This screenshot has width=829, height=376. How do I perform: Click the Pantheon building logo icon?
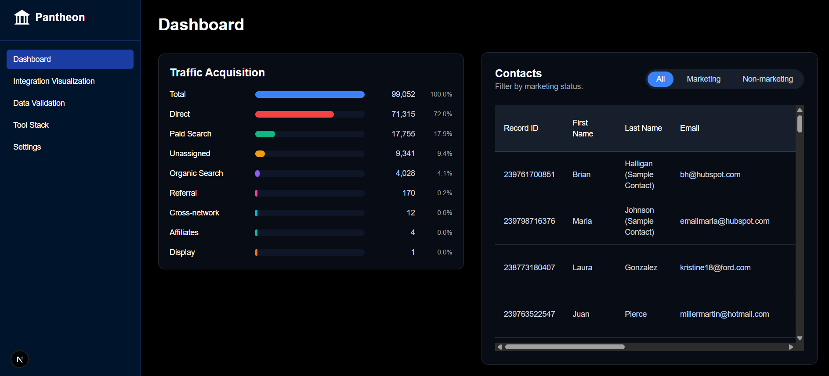click(22, 18)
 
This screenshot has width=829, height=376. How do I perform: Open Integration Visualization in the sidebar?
click(54, 81)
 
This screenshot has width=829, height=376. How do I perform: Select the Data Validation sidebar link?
click(39, 103)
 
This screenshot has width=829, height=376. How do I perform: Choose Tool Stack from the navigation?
click(31, 125)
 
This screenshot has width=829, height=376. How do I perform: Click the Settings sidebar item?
click(27, 147)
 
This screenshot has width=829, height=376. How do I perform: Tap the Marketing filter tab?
click(703, 79)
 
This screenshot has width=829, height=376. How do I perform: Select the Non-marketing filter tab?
click(767, 79)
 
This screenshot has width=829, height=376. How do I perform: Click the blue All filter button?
click(660, 79)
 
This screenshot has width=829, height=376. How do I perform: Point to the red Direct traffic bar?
click(294, 114)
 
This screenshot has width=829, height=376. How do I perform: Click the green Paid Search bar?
click(265, 134)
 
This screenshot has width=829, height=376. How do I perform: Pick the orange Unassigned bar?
click(260, 154)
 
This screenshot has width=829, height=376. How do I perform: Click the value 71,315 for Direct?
click(403, 114)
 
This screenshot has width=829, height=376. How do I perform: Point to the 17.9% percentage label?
click(443, 134)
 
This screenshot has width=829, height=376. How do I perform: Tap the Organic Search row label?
click(196, 173)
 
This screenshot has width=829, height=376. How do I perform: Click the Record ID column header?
click(521, 128)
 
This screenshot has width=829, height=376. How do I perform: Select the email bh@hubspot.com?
click(710, 175)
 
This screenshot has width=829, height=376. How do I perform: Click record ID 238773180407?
click(529, 268)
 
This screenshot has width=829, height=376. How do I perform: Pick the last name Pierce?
click(635, 314)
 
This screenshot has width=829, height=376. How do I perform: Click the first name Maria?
click(582, 221)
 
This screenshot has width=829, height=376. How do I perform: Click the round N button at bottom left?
click(20, 359)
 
